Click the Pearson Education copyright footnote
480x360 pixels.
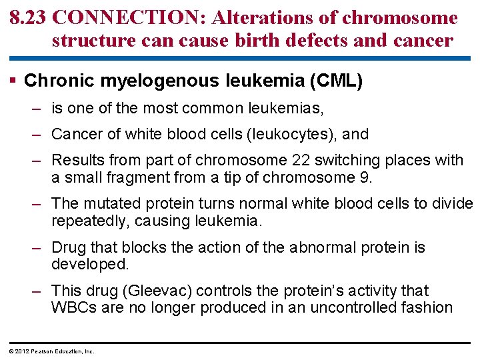point(50,351)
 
